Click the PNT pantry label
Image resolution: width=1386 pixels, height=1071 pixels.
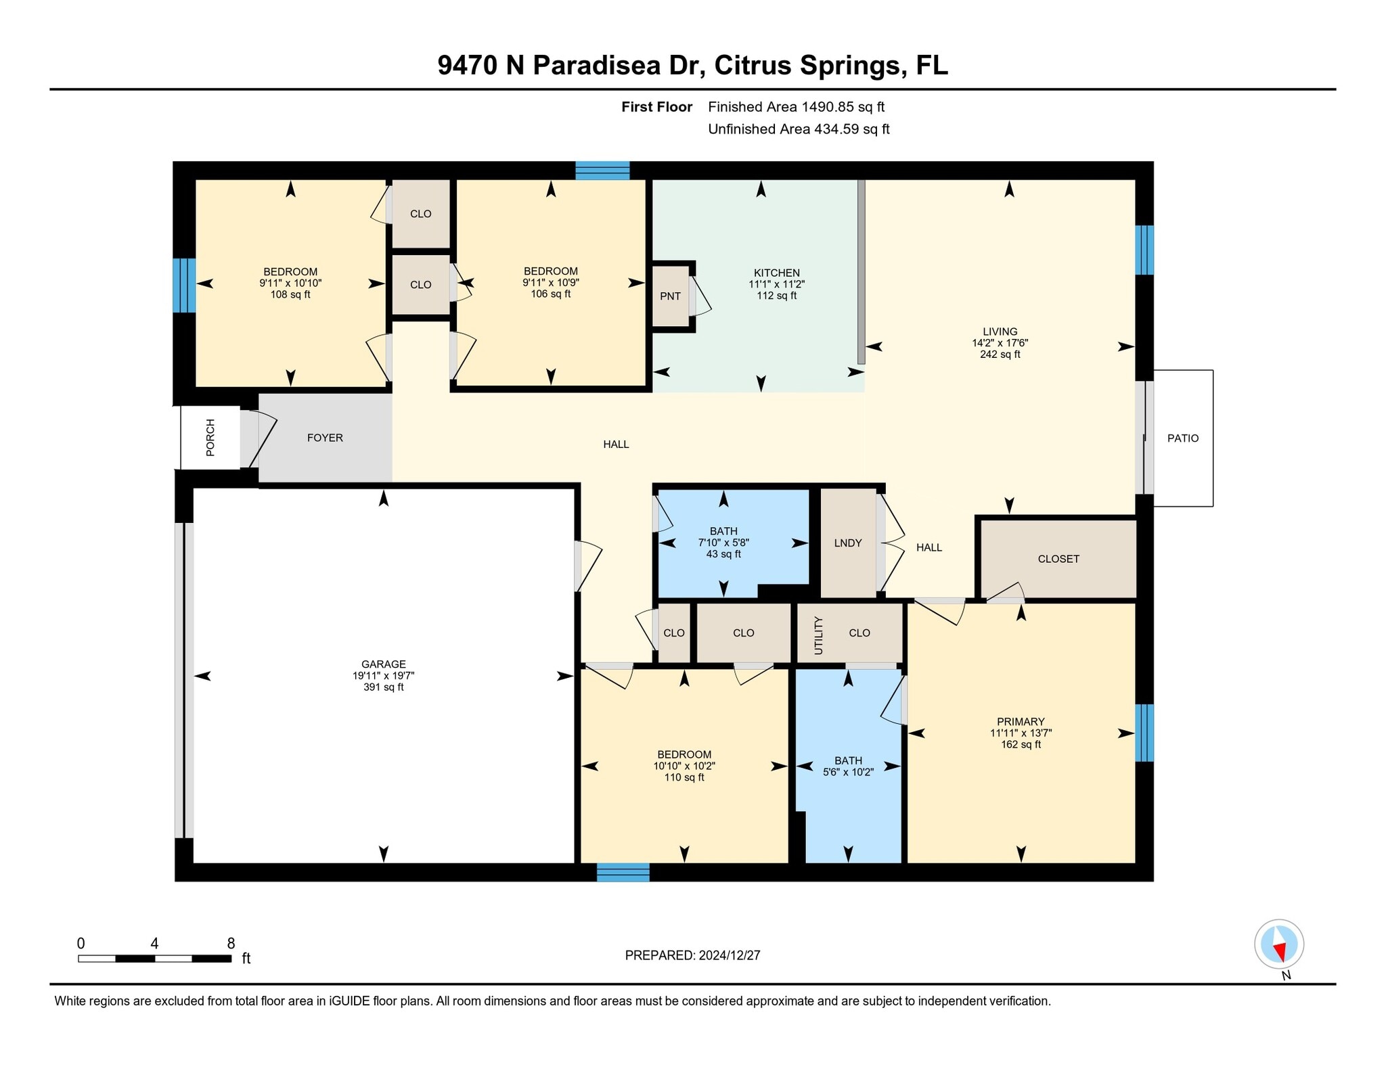[670, 296]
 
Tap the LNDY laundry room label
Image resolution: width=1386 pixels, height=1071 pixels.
[847, 543]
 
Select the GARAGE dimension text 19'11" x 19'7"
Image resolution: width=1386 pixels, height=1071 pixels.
[383, 675]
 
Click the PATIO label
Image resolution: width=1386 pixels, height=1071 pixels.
[1182, 438]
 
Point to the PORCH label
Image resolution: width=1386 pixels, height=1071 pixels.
[210, 438]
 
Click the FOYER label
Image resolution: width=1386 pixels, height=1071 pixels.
[325, 438]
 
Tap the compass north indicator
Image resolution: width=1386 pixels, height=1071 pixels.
[1278, 944]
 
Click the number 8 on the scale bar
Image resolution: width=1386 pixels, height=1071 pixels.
[231, 943]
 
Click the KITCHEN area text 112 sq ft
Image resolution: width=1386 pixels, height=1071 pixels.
[776, 296]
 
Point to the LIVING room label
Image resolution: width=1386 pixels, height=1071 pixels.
[1000, 332]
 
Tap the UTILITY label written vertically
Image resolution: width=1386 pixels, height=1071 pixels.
[818, 635]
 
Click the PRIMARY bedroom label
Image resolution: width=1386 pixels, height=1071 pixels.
[1020, 721]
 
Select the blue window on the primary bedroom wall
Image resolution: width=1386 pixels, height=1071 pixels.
[1144, 733]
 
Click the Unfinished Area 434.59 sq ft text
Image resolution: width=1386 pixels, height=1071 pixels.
[798, 129]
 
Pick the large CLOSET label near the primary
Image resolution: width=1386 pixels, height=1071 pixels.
[1058, 559]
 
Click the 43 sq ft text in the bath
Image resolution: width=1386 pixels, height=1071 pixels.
[723, 554]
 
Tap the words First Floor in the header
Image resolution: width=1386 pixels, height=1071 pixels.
[656, 107]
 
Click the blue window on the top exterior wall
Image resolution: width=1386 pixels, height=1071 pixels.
[602, 170]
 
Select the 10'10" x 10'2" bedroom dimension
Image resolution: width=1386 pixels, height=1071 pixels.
[684, 766]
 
